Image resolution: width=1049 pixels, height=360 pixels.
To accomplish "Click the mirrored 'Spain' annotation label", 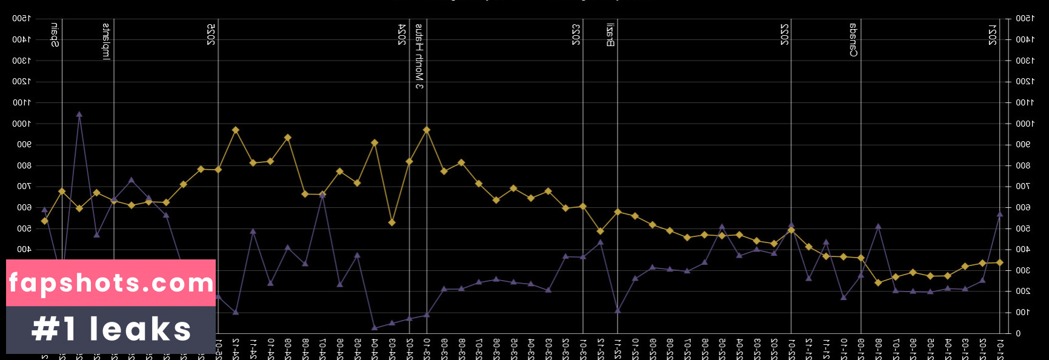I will point(55,36).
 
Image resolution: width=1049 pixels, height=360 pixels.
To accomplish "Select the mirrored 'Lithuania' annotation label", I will point(106,42).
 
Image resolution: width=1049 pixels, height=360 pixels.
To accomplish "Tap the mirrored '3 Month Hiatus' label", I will point(419,56).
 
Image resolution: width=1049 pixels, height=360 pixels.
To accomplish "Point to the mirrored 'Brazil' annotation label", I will point(610,35).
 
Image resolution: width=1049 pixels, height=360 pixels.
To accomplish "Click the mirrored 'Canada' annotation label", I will point(853,40).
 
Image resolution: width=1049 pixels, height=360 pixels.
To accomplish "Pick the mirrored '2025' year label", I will point(211,35).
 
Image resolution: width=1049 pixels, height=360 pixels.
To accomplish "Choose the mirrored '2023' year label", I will point(576,35).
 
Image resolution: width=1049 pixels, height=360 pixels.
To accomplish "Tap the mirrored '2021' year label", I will point(992,35).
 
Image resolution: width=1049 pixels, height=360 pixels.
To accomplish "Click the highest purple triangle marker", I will point(79,114).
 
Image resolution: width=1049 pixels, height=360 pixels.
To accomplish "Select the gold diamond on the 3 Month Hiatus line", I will point(427,130).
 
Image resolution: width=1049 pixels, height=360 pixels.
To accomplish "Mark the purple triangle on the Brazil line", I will point(618,310).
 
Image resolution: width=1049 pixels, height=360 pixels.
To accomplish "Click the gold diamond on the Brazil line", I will point(618,212).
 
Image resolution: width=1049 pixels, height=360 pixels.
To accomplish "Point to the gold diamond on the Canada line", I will point(861,258).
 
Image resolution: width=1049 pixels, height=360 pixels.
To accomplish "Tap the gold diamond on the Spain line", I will point(62,191).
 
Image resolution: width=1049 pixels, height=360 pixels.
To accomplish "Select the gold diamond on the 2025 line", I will point(218,170).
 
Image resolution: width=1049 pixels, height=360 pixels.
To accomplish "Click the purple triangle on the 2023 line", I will point(583,257).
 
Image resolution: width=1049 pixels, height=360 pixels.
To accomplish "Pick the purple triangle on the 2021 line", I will point(1000,214).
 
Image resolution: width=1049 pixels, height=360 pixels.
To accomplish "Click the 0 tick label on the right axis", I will point(1018,333).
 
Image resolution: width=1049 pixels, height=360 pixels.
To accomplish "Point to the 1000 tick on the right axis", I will point(1025,124).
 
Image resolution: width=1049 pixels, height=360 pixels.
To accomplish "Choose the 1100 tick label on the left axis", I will point(22,102).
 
